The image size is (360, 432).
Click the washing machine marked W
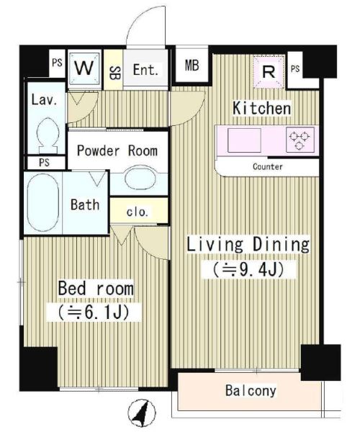[x=84, y=68]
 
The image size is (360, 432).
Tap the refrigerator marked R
[x=269, y=72]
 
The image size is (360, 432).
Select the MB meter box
[x=192, y=66]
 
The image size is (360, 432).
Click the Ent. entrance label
[x=145, y=70]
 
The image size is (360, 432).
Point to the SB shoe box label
[x=113, y=73]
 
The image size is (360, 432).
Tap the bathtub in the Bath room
[x=43, y=202]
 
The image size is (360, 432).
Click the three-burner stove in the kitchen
[x=300, y=139]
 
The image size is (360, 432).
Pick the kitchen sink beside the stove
[x=244, y=140]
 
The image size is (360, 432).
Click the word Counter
[x=267, y=167]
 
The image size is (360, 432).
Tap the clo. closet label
[x=138, y=212]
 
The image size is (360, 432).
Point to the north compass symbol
[x=141, y=413]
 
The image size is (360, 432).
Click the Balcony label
[x=251, y=391]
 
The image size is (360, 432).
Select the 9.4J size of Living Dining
[x=248, y=270]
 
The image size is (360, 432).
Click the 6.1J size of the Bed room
[x=94, y=312]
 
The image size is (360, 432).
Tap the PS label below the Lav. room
[x=44, y=162]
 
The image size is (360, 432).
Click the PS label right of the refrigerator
[x=295, y=68]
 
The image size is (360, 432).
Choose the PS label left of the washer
[x=57, y=63]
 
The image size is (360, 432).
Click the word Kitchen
[x=261, y=108]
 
